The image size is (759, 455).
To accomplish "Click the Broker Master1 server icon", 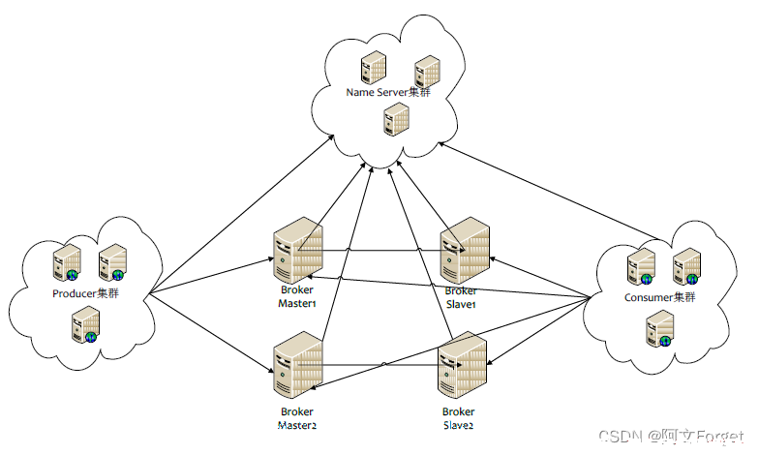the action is (298, 250).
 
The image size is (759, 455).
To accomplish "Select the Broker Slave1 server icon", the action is (465, 250).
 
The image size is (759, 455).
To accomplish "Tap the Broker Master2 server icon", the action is (298, 365).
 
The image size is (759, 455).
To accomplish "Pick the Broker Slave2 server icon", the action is (463, 365).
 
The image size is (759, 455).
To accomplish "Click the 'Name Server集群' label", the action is (388, 92).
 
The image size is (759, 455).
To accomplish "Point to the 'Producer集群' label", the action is (85, 293).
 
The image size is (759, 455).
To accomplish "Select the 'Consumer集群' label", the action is (660, 297).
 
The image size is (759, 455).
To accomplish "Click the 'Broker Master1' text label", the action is (296, 296).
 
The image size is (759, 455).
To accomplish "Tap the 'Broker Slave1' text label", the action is (461, 298).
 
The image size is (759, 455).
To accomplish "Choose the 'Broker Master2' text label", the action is (296, 418).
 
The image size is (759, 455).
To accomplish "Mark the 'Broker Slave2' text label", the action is (458, 418).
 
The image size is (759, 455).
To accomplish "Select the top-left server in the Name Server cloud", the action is (374, 68).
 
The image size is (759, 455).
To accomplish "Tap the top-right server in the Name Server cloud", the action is (428, 72).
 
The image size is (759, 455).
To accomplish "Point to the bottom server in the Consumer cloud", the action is (660, 329).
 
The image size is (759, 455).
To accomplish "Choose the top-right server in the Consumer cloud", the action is (687, 266).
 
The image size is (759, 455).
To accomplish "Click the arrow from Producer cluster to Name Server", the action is (241, 215).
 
